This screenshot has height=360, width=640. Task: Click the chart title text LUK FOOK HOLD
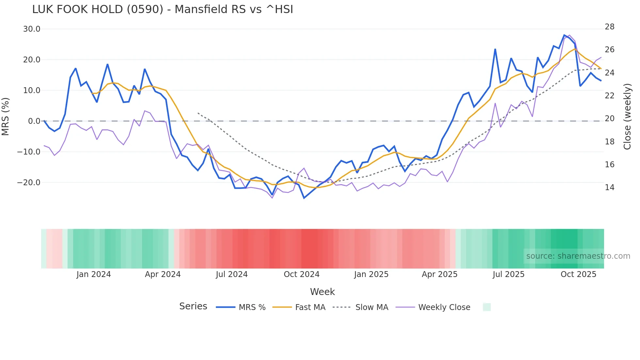click(x=163, y=9)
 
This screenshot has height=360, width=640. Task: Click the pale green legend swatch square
click(x=487, y=307)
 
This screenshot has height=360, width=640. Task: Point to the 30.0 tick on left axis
click(x=32, y=29)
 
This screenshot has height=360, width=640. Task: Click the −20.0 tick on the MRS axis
click(x=29, y=183)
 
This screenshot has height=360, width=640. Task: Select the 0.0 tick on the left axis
click(x=34, y=121)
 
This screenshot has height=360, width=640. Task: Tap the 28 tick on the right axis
click(x=609, y=27)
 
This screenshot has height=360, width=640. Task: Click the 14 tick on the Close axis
click(x=609, y=188)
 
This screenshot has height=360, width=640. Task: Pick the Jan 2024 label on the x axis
click(x=94, y=274)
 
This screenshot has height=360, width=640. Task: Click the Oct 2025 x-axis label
click(x=578, y=274)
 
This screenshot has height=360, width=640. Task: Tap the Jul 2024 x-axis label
click(x=232, y=274)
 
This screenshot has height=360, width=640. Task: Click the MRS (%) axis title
click(x=6, y=117)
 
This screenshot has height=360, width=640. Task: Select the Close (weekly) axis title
click(x=627, y=117)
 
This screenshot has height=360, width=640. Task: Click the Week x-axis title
click(x=322, y=292)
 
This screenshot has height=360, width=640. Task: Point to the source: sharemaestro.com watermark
click(x=578, y=256)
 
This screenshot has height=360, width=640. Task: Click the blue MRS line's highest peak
click(x=564, y=35)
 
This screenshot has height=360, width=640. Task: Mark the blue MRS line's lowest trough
click(x=304, y=198)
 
